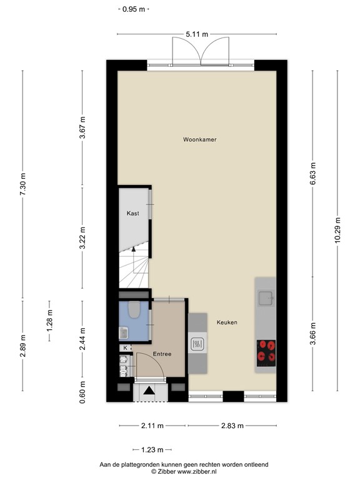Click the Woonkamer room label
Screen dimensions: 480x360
click(199, 139)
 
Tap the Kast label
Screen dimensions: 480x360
click(132, 213)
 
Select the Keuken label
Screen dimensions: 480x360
click(226, 322)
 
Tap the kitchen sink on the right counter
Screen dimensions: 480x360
click(266, 298)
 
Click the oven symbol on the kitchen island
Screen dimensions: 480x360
click(197, 343)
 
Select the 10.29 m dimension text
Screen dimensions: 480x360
click(337, 232)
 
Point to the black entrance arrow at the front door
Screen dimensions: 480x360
click(149, 391)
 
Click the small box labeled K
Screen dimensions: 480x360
click(125, 347)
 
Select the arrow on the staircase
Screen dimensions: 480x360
click(133, 250)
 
